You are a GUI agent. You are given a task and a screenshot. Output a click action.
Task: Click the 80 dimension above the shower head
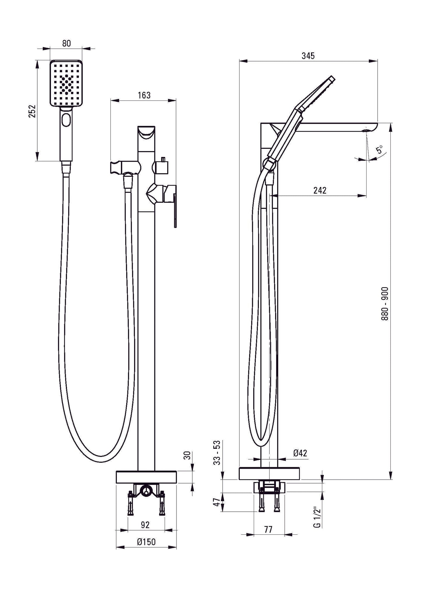[66, 43]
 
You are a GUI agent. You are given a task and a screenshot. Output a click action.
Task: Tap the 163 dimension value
[144, 95]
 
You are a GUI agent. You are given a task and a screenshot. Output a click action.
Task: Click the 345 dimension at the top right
[308, 56]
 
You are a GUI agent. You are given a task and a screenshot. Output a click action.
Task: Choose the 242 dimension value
[320, 190]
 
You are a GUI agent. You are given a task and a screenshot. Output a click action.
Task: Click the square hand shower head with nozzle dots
[67, 84]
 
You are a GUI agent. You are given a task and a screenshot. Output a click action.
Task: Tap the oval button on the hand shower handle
[66, 120]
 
